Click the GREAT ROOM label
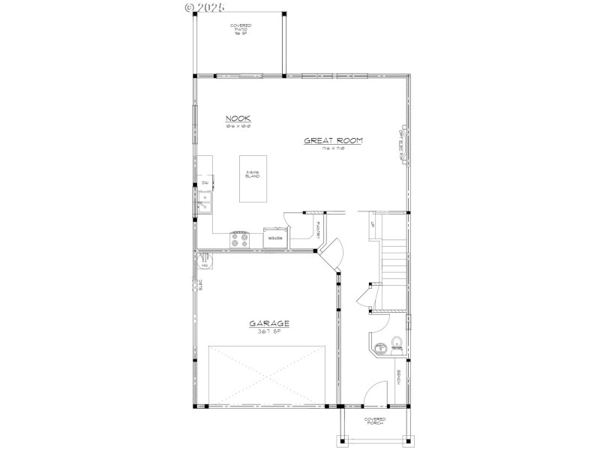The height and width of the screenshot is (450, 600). coord(328,140)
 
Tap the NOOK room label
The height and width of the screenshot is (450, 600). coord(238,118)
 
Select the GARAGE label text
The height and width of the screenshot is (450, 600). coord(270,324)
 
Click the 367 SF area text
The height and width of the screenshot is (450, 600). coord(270,331)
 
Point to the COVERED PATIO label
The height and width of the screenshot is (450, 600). coord(241,29)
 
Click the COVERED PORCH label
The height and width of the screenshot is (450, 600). coord(375,421)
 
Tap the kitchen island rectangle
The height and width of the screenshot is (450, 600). coord(252,178)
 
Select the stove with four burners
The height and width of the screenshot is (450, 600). coord(240,239)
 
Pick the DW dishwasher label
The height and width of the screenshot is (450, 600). coord(204,183)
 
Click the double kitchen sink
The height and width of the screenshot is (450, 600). coord(204,202)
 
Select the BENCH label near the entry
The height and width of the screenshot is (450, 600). coord(399,379)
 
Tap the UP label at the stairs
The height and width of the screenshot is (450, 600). coord(371,223)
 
